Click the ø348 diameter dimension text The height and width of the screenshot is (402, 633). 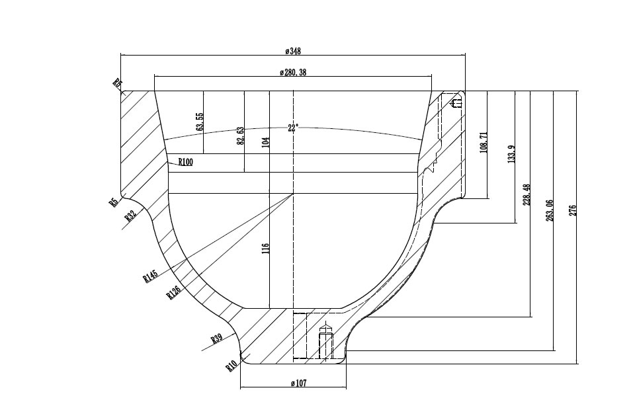click(293, 51)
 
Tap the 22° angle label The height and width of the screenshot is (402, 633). click(293, 128)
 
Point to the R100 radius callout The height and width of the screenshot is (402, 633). click(185, 162)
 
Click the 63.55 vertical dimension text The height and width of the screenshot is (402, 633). click(200, 122)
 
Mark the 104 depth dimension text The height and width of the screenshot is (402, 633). click(266, 142)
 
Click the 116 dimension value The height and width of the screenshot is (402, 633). click(266, 249)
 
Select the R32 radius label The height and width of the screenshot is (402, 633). click(130, 216)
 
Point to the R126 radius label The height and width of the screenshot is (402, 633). click(174, 290)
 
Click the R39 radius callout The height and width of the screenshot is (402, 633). click(216, 339)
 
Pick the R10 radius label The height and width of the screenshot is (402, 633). click(232, 365)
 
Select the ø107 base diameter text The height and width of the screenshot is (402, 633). click(299, 383)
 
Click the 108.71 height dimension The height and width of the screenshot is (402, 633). click(484, 143)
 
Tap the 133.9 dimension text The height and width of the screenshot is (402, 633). click(511, 155)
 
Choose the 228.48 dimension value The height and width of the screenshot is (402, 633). click(527, 195)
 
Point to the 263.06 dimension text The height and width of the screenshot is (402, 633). click(550, 210)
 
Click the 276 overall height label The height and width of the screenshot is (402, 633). click(573, 210)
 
